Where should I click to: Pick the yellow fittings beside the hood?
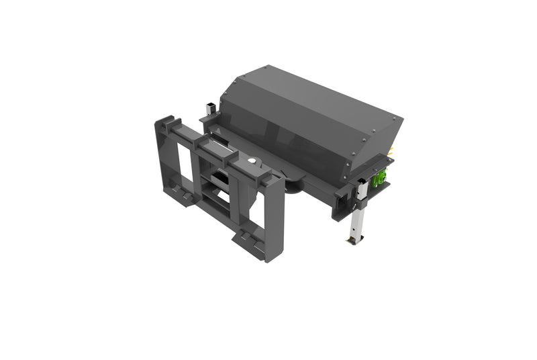391,152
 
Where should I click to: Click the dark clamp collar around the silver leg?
361,192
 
